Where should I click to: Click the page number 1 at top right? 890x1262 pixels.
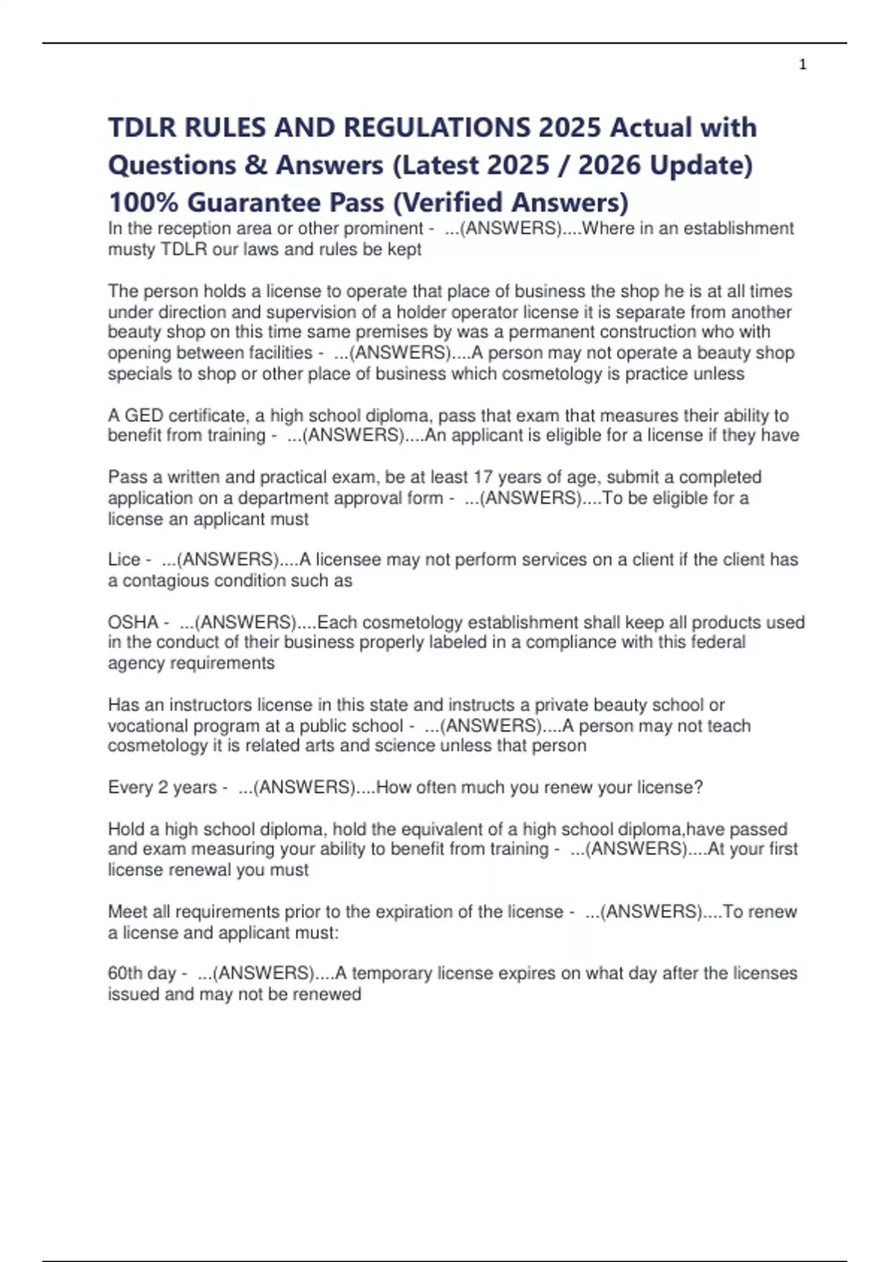click(x=802, y=65)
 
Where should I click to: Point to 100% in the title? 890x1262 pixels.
click(x=143, y=202)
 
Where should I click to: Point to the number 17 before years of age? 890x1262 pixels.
click(x=483, y=477)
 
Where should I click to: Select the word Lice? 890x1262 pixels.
click(x=124, y=559)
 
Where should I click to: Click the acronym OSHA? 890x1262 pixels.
click(x=133, y=622)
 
